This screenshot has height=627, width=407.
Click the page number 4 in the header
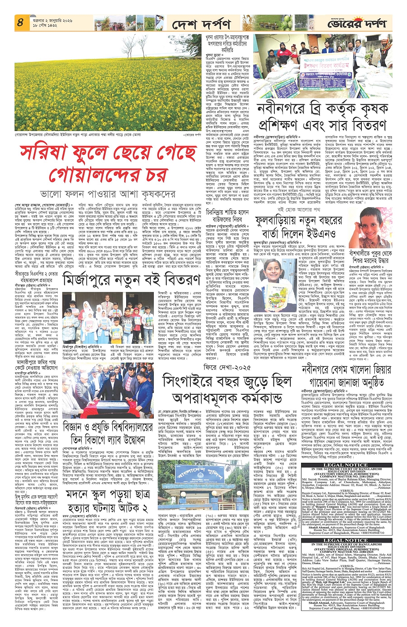[x=20, y=22]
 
